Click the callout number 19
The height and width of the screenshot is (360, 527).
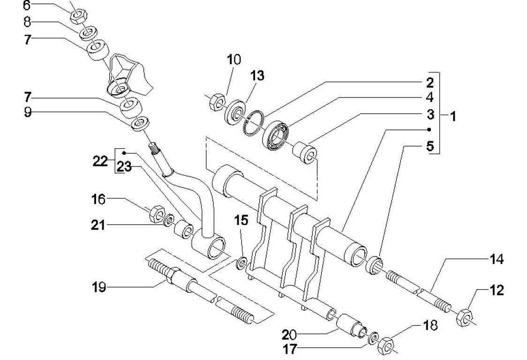99,286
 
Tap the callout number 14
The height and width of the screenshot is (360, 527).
497,259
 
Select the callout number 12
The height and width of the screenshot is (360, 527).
497,291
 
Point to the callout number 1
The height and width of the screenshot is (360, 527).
453,116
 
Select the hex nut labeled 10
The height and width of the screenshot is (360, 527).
216,101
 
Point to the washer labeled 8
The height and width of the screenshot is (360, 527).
87,34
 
